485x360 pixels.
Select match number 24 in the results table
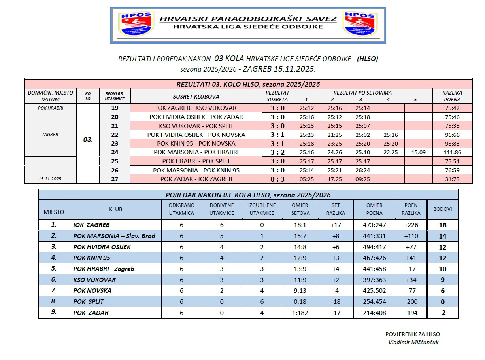(115, 152)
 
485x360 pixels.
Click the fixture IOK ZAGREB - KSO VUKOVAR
(196, 108)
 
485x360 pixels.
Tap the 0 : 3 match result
(277, 179)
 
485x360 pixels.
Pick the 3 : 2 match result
(277, 152)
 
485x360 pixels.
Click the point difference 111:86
(452, 152)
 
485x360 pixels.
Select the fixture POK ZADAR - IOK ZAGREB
(196, 179)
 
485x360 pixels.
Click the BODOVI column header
(443, 209)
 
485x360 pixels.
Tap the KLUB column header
(116, 209)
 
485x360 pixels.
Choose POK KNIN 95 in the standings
(92, 258)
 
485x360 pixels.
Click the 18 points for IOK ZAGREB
(443, 225)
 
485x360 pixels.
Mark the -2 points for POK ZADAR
(443, 313)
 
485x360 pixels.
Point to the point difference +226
(411, 225)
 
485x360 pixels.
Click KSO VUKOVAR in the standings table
(94, 280)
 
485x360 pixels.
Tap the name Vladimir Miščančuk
(413, 343)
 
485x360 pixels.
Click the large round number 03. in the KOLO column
(88, 139)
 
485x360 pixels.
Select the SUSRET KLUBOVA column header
(196, 97)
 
